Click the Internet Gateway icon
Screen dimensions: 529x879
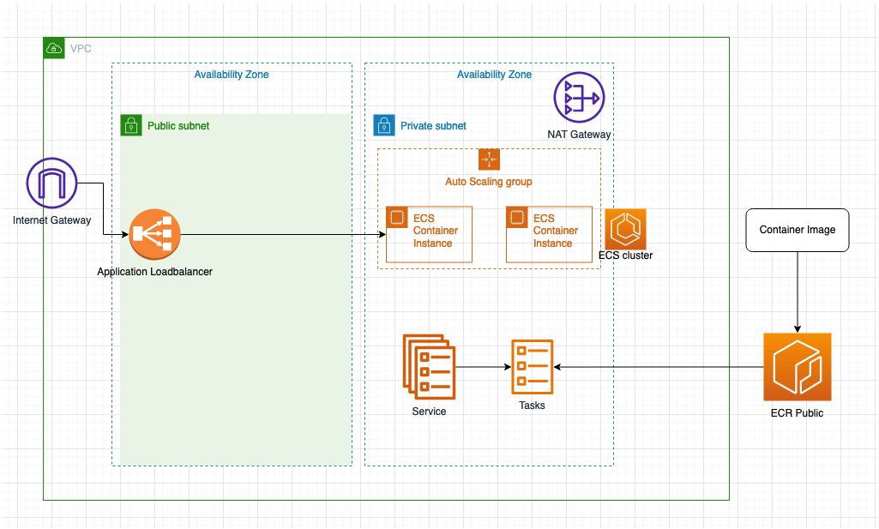tap(51, 183)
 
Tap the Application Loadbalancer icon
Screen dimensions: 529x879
tap(154, 235)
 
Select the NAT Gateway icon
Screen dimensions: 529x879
tap(579, 98)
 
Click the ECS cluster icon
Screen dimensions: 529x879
tap(625, 229)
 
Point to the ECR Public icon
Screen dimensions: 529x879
tap(798, 367)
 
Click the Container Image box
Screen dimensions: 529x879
tap(798, 230)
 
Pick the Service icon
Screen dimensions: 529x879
tap(429, 367)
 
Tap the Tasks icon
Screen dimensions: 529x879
tap(532, 367)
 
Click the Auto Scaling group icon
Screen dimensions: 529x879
tap(489, 159)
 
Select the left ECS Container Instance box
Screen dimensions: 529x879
tap(429, 234)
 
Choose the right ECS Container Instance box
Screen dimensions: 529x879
tap(549, 234)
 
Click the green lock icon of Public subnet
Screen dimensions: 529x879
tap(130, 125)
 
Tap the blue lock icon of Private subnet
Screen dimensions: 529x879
tap(383, 125)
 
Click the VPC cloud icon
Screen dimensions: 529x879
tap(54, 48)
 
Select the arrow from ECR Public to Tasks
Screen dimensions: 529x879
tap(660, 367)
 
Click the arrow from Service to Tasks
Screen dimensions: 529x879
tap(483, 367)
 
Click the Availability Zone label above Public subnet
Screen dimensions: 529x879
tap(232, 75)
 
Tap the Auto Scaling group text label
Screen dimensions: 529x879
tap(489, 182)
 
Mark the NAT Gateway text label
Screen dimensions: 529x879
tap(579, 135)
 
